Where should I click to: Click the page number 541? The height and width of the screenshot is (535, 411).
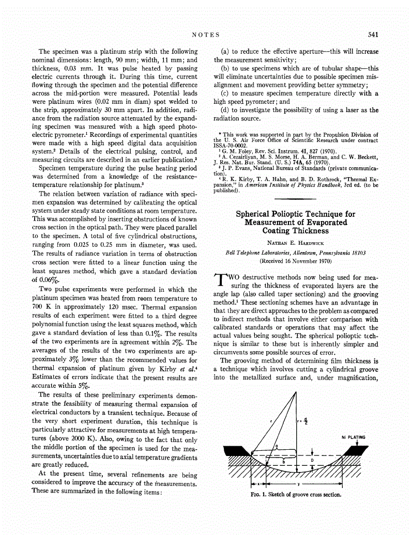coord(373,35)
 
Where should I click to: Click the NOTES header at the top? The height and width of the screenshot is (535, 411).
coord(205,35)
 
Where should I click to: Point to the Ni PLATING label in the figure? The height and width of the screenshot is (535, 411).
coord(353,437)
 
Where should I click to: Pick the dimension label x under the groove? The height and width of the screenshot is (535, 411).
coord(258,484)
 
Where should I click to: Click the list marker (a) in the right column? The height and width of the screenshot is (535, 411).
coord(225,52)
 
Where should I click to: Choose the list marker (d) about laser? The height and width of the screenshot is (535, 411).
coord(225,110)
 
